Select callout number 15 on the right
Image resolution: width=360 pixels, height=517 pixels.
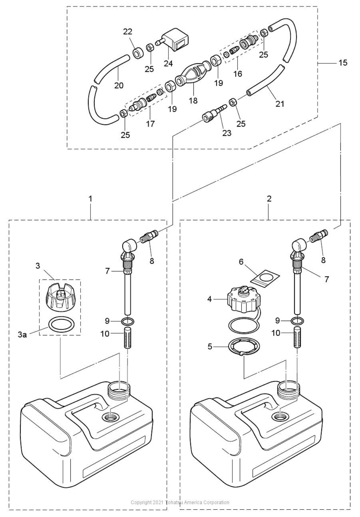tap(343, 63)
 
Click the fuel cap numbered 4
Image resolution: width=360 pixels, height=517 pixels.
tap(243, 299)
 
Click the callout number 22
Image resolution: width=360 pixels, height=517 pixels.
tap(128, 32)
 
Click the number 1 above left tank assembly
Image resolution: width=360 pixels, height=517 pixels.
tap(90, 199)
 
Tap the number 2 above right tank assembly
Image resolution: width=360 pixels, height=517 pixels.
tap(269, 199)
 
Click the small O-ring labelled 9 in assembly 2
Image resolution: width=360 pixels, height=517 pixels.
tap(297, 320)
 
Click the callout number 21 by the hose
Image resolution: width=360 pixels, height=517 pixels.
tap(280, 104)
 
